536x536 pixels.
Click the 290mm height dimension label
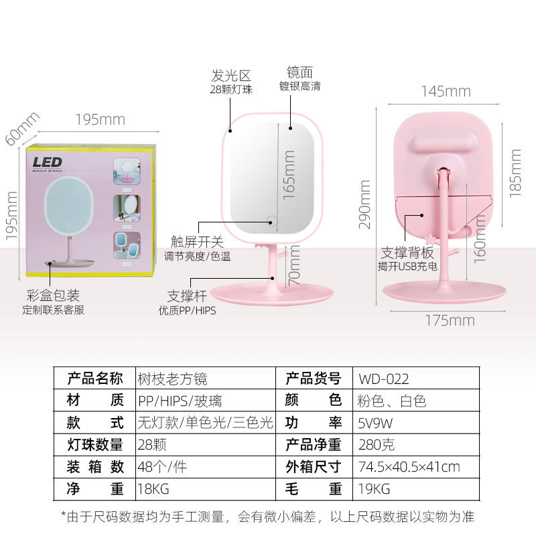pos(365,204)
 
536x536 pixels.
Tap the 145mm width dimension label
pos(446,92)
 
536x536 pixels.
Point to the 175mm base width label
pos(450,320)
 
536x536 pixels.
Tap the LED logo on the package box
pos(48,162)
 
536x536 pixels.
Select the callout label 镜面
pos(299,72)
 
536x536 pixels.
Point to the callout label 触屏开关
pos(198,242)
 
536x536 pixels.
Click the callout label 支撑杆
pos(186,296)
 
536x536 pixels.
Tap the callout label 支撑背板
pos(408,253)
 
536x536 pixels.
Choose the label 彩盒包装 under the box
pos(53,295)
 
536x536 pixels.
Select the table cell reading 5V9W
pos(376,423)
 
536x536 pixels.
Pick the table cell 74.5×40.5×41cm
pos(409,467)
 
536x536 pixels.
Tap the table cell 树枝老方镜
pos(172,379)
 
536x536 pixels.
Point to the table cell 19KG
pos(375,489)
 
